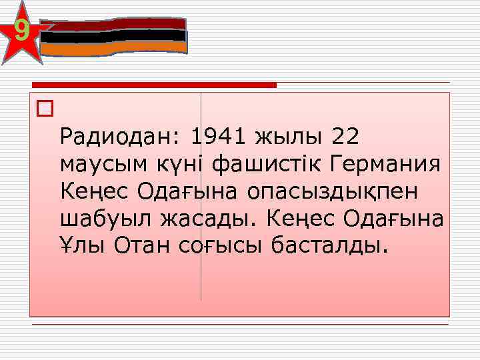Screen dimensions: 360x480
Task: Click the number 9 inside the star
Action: [x=21, y=31]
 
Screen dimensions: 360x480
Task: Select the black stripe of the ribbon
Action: [x=114, y=36]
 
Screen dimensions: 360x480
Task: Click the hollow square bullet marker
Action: [x=45, y=109]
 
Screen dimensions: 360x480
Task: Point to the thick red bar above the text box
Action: [x=154, y=85]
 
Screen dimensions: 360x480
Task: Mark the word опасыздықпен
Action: [x=333, y=191]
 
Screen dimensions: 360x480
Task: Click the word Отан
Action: [x=143, y=246]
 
